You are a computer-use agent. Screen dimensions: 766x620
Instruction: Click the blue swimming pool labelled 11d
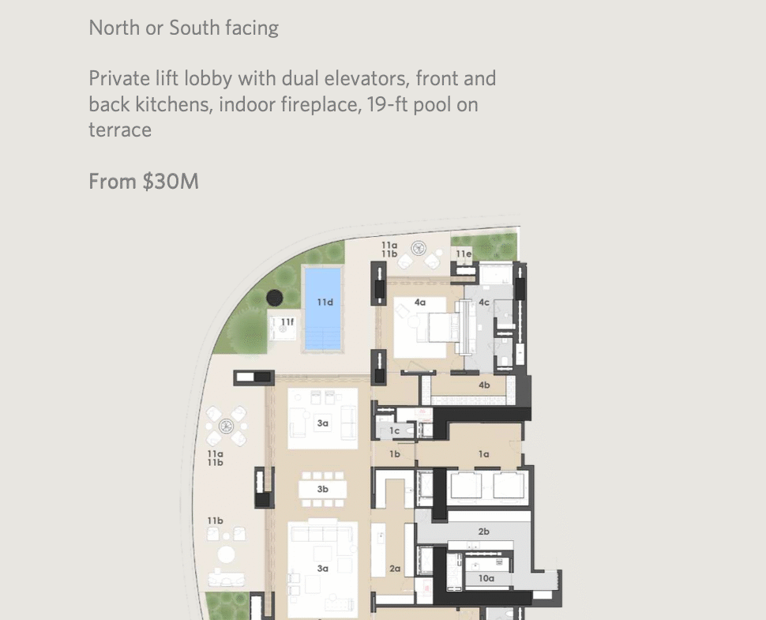322,309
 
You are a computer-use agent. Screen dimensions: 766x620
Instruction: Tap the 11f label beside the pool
287,322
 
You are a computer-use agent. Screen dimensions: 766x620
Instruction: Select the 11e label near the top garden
464,254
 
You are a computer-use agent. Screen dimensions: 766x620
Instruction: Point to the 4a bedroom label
419,302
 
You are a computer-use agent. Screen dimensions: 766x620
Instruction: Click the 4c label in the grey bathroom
483,302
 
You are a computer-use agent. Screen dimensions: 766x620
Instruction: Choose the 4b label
484,385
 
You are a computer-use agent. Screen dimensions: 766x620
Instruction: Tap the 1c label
395,431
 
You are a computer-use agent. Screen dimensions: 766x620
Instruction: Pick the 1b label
395,454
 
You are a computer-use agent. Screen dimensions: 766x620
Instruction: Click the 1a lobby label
483,454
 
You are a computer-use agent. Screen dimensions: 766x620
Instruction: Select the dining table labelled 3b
322,490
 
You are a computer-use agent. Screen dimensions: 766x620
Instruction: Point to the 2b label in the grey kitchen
483,532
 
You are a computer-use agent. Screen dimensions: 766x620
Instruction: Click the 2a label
395,569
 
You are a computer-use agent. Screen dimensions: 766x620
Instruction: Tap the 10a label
486,578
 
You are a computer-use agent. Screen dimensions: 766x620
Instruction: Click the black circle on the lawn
275,298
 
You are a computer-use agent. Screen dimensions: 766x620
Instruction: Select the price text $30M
171,182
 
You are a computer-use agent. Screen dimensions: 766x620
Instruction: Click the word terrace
120,130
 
